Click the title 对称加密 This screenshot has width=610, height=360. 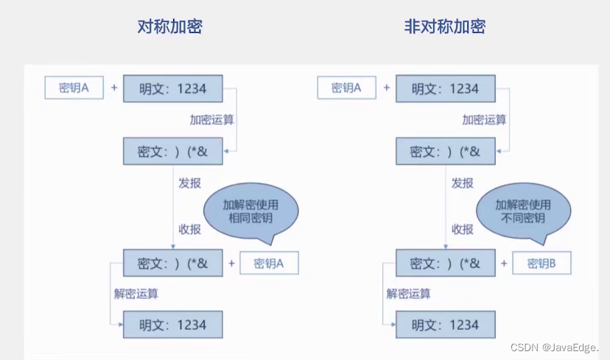[x=169, y=27]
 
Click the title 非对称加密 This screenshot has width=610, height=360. [x=445, y=27]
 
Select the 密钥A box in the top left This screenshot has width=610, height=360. [x=74, y=88]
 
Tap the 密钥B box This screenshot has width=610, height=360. [x=541, y=264]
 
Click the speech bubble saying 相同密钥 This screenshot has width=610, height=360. [x=251, y=211]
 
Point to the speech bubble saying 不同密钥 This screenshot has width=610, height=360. [x=523, y=211]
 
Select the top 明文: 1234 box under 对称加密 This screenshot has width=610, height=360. [x=173, y=88]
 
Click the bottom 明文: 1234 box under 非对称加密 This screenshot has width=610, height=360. [x=445, y=325]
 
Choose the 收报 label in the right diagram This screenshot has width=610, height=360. [x=462, y=229]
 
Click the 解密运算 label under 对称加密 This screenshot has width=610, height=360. [x=136, y=294]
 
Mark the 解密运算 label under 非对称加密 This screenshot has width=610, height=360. [x=408, y=294]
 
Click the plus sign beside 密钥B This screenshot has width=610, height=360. [x=505, y=264]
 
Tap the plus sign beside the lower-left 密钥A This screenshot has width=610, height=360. [x=232, y=264]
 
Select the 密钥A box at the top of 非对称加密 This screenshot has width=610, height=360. [x=346, y=88]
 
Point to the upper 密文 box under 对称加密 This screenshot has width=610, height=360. [x=173, y=152]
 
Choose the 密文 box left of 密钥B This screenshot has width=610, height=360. [x=445, y=263]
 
